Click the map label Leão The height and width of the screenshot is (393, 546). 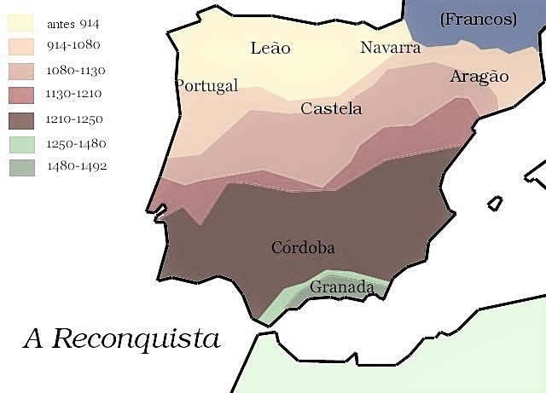click(x=270, y=48)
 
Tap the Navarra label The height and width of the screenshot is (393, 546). click(x=390, y=48)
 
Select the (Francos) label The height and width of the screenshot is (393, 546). click(x=479, y=18)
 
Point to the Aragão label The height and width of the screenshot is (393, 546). click(x=479, y=77)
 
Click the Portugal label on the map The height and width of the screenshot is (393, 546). click(x=206, y=85)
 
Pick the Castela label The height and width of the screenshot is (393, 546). click(x=331, y=109)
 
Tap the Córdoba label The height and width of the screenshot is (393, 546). click(x=303, y=248)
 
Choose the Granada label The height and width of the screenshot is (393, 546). click(x=341, y=288)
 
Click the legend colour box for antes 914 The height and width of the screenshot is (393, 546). click(x=21, y=23)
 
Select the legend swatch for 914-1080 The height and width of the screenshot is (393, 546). click(x=21, y=47)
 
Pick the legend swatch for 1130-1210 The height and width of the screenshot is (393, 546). click(x=21, y=95)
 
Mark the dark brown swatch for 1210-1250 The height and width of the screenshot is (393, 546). click(x=21, y=119)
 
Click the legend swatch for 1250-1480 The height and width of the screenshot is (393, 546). click(x=21, y=143)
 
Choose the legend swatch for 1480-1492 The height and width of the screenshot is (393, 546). click(x=21, y=167)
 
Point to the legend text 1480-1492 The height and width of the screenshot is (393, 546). click(x=77, y=167)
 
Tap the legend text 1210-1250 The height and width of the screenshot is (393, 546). click(x=77, y=119)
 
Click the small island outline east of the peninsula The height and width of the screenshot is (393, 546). click(x=495, y=204)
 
